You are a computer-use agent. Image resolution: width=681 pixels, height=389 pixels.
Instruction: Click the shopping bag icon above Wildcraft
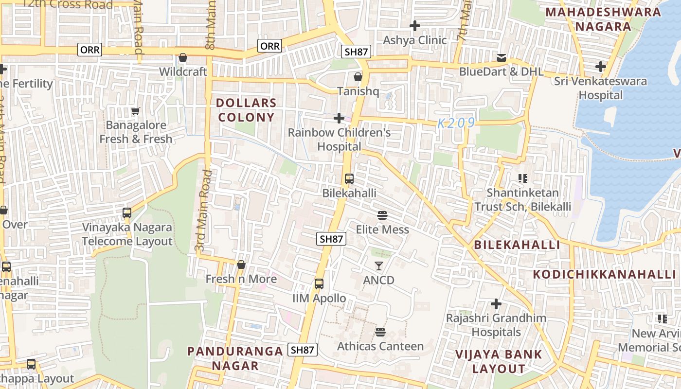183,57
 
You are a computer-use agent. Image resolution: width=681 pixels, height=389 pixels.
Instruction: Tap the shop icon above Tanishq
358,77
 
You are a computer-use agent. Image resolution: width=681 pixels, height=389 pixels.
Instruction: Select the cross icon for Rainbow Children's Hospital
339,118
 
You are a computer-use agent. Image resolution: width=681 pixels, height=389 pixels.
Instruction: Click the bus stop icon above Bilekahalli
349,179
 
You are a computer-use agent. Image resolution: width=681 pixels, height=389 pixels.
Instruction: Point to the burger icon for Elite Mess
382,215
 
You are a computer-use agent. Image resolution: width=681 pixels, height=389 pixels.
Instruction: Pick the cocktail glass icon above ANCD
379,266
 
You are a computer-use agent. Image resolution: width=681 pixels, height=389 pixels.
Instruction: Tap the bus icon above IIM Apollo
319,284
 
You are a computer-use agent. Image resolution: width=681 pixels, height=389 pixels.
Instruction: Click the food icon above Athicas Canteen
380,332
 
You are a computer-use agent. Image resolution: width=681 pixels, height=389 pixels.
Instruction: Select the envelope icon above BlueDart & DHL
502,58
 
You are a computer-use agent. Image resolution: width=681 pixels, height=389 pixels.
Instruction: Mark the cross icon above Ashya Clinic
415,25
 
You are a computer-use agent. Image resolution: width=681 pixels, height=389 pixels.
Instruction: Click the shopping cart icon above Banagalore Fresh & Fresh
136,111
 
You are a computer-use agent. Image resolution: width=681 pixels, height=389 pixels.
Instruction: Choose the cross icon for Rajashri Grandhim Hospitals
496,304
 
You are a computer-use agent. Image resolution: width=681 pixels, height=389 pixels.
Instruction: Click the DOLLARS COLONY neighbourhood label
246,110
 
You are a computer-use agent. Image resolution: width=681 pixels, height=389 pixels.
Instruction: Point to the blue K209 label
456,124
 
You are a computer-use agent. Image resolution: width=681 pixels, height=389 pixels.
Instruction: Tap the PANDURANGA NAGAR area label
235,358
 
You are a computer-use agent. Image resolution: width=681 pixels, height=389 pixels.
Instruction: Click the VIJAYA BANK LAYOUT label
499,361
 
